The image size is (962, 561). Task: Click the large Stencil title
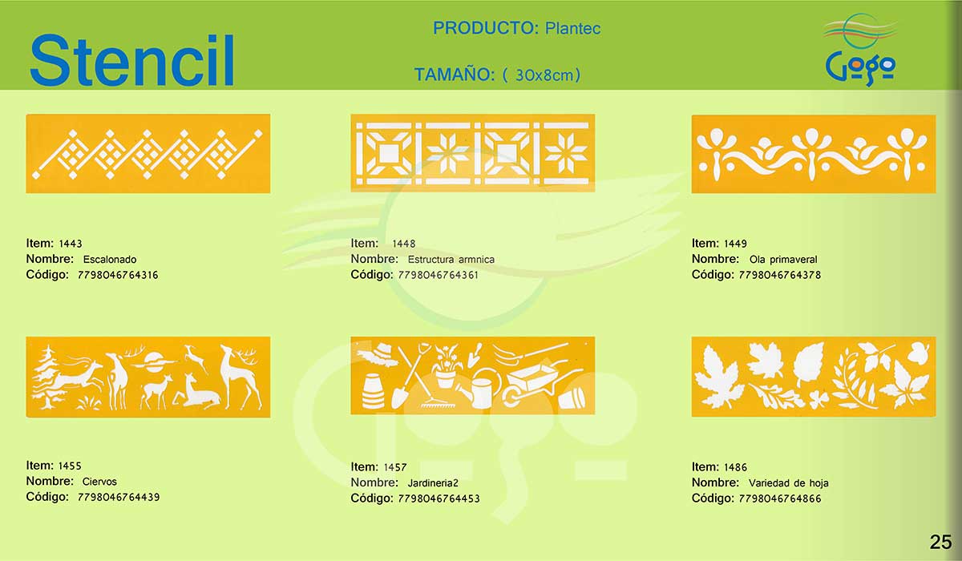coord(131,60)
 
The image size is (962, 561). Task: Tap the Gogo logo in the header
coord(859,50)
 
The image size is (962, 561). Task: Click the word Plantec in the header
coord(572,28)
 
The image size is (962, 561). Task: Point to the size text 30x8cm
coord(544,75)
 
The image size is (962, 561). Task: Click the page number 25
coord(940,542)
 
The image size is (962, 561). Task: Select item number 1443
coord(71,244)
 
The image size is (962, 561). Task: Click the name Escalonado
coord(110,259)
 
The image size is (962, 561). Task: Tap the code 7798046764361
coord(438,275)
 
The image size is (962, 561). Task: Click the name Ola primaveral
coord(783,259)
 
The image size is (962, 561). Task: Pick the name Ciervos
coord(99,482)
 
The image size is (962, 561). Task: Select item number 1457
coord(395,467)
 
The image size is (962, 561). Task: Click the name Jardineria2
coord(433,483)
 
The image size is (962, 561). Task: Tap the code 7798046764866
coord(780,498)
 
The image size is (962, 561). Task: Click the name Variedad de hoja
coord(789,483)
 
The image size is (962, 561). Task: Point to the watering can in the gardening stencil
coord(479,389)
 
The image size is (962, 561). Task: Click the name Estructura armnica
coord(451,259)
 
